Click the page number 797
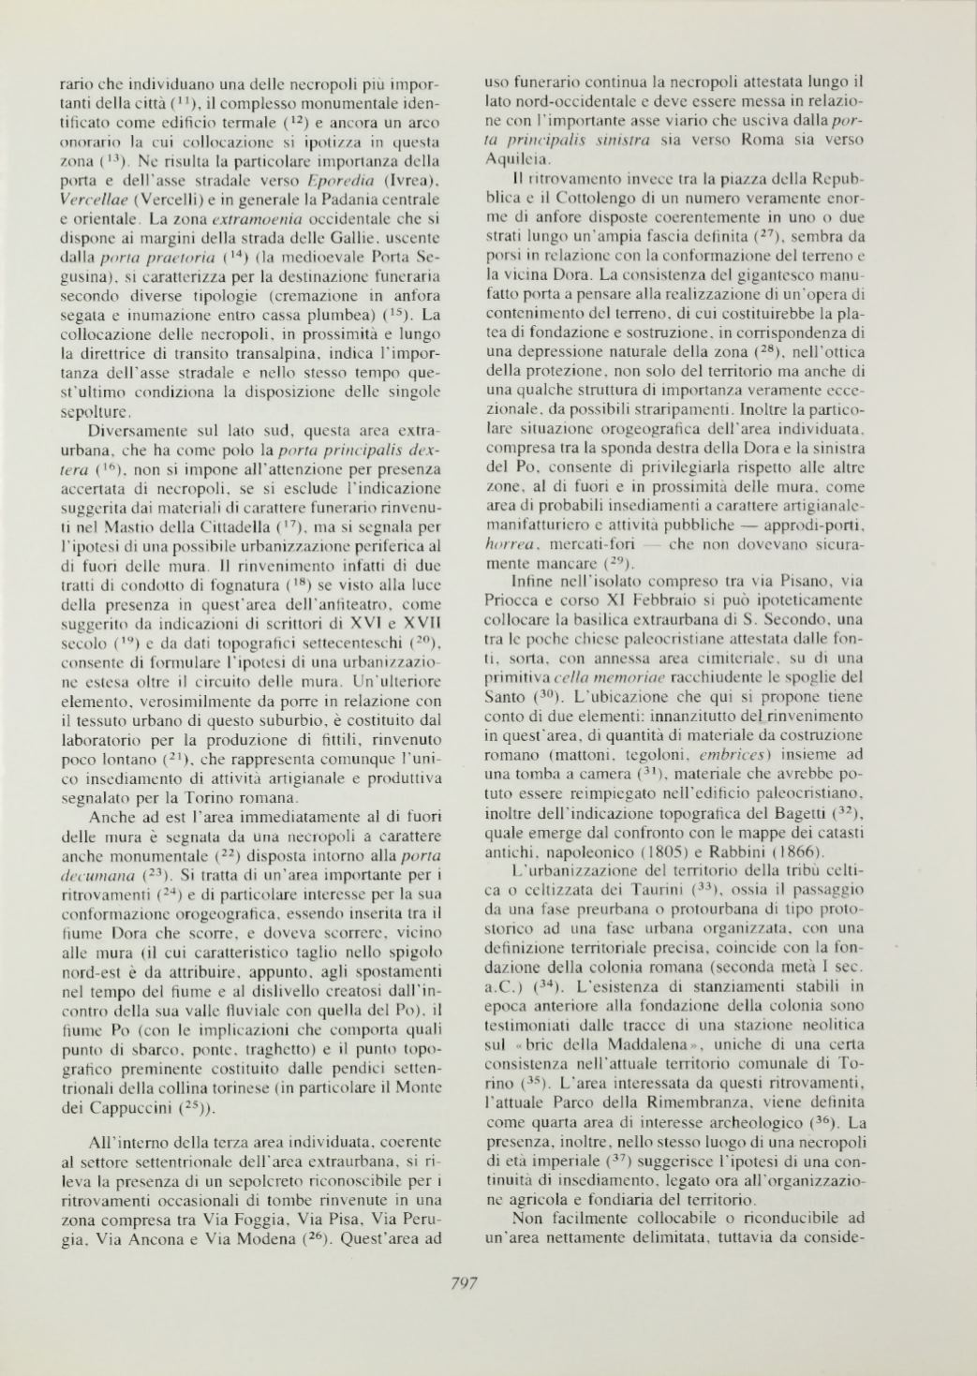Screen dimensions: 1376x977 (466, 1284)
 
